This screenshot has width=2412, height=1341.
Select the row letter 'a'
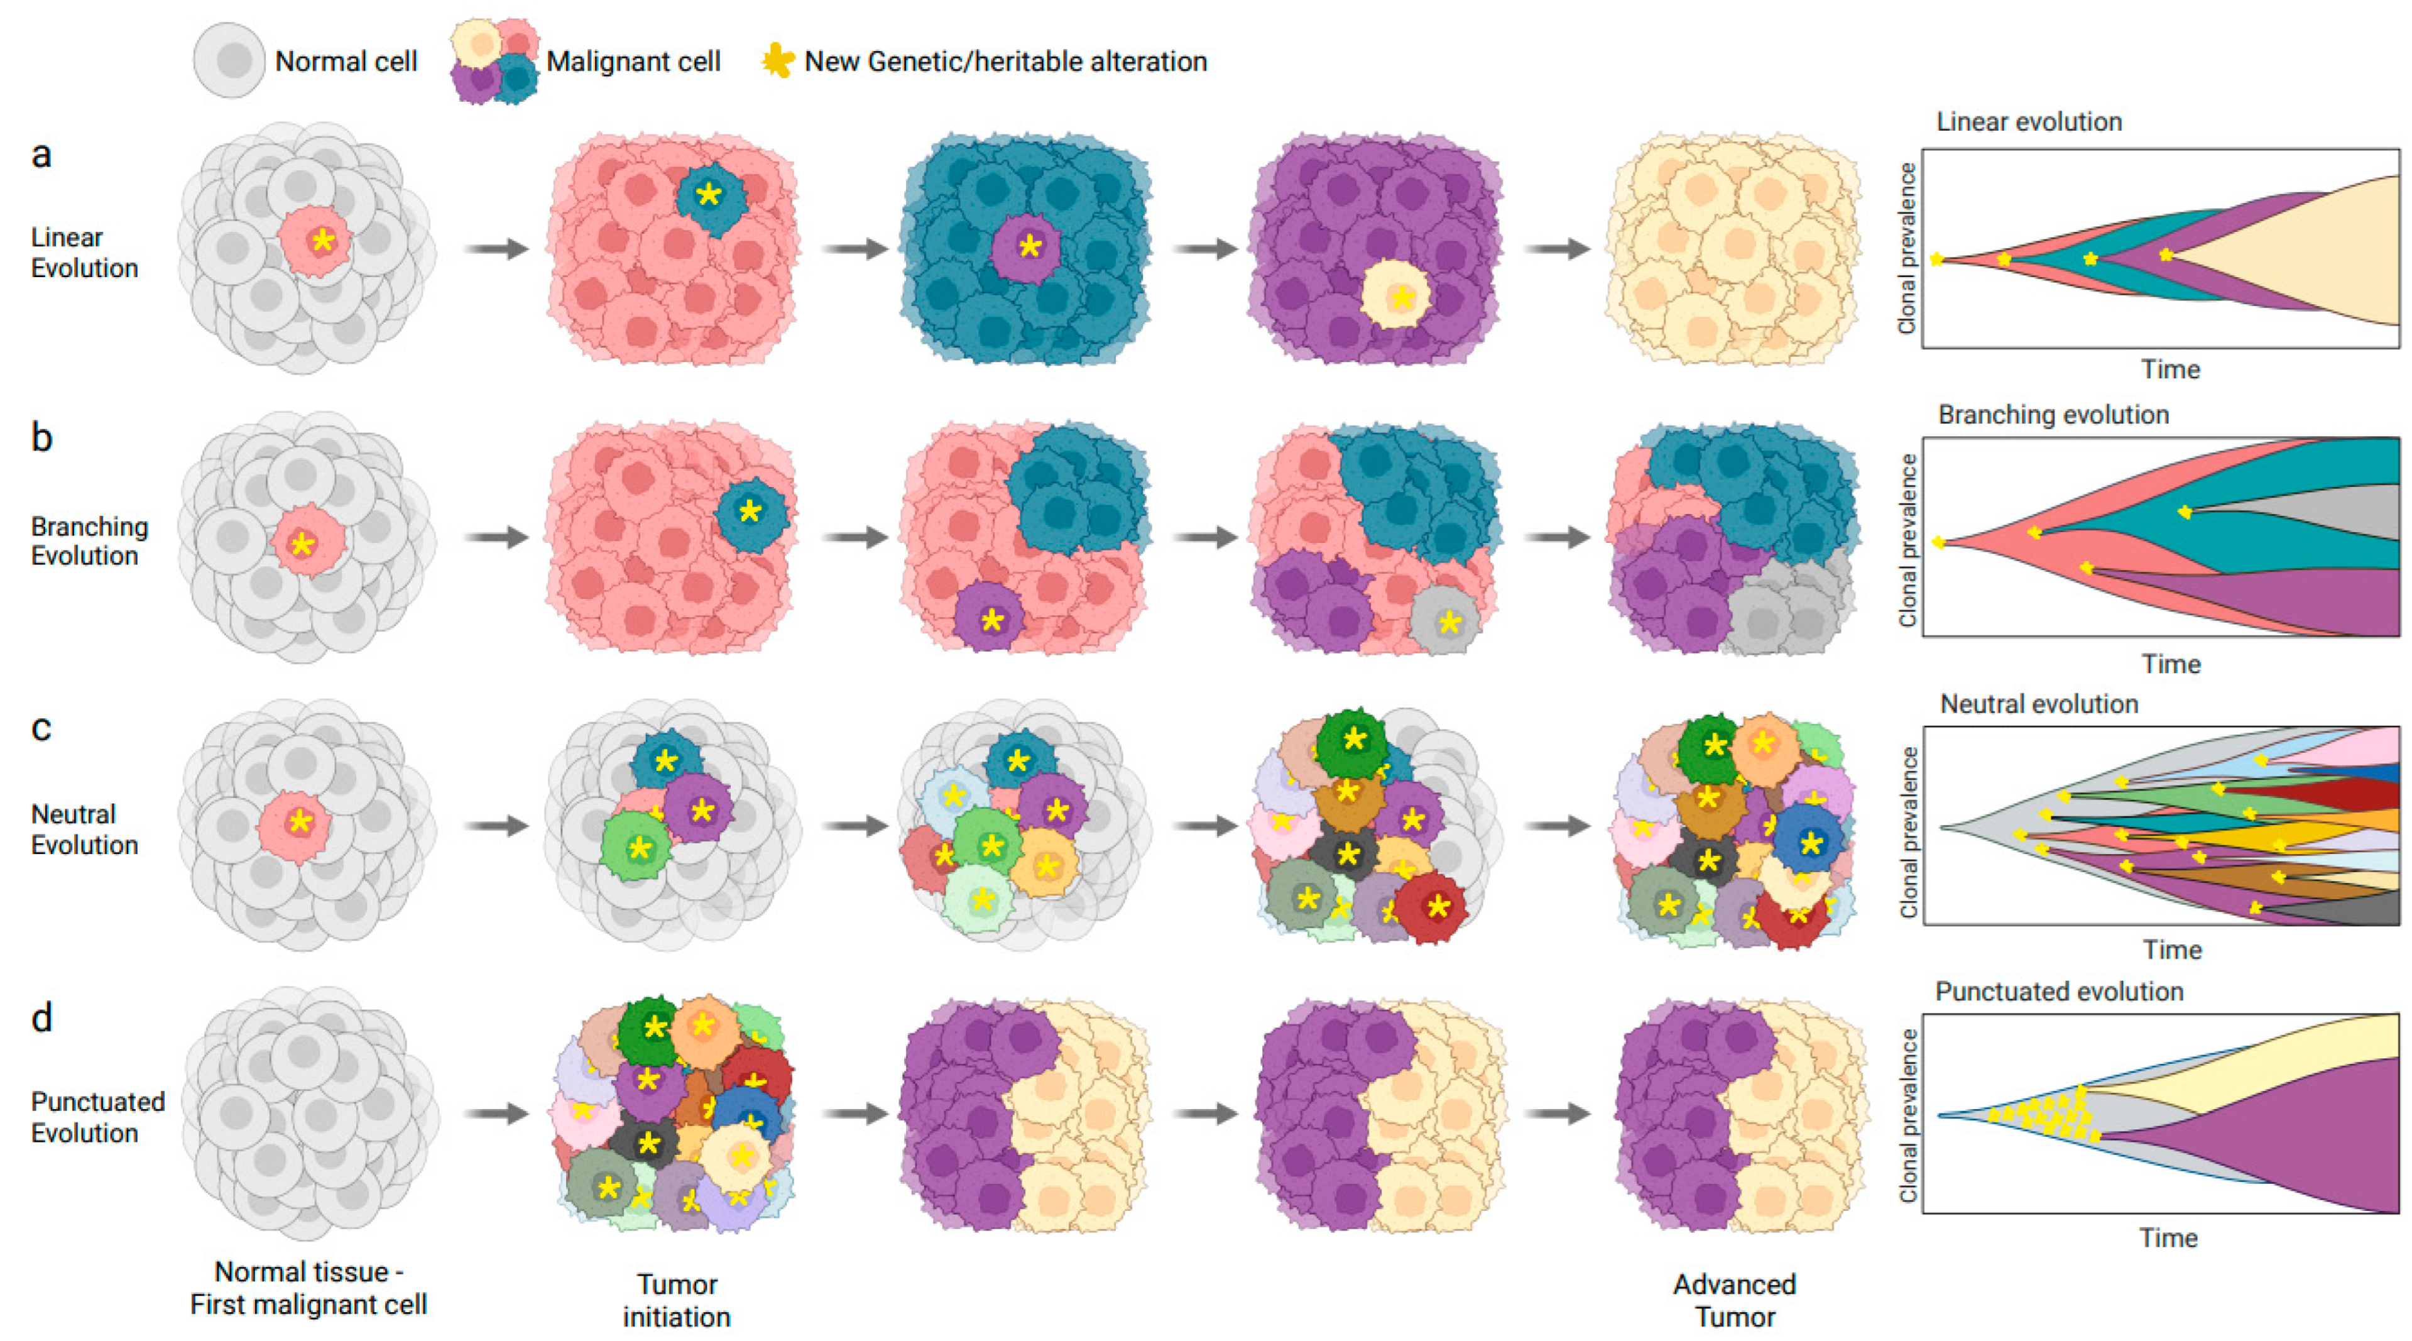click(x=41, y=155)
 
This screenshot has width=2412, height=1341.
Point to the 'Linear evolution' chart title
click(x=2028, y=122)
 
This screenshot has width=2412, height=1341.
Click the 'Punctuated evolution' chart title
click(x=2058, y=992)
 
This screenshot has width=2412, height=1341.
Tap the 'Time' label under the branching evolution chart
click(x=2171, y=664)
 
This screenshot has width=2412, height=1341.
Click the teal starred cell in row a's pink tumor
click(x=711, y=197)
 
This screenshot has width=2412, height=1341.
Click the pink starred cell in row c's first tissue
click(x=296, y=824)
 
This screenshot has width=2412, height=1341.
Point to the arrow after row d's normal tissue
click(x=496, y=1114)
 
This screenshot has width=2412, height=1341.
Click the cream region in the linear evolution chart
click(x=2322, y=253)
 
